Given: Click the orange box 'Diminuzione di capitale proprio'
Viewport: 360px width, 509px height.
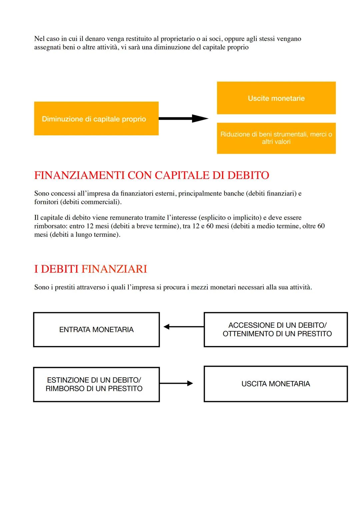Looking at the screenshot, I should (x=96, y=119).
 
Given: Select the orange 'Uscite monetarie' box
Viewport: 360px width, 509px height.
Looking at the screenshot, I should (x=276, y=98).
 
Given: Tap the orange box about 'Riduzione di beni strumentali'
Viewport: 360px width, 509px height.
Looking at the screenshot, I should (x=276, y=138).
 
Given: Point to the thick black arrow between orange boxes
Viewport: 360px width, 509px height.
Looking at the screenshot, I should (x=183, y=118).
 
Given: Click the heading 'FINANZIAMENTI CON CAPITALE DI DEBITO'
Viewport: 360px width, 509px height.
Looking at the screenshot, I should (x=152, y=175).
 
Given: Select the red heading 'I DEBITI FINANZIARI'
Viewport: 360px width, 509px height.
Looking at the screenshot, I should (x=91, y=269).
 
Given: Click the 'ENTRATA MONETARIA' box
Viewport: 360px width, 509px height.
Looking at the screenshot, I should (x=96, y=330).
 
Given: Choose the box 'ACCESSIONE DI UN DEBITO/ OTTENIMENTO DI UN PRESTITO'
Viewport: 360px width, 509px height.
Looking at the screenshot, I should (x=276, y=330).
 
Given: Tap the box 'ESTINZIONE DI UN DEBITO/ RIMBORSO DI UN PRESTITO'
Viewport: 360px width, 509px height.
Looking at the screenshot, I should (x=96, y=384).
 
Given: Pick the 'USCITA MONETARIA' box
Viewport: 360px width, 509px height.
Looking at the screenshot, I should (x=276, y=384).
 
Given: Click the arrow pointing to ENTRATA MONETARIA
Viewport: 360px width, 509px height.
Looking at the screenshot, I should (x=183, y=327).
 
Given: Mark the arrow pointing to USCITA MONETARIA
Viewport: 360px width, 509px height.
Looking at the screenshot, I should (x=176, y=383).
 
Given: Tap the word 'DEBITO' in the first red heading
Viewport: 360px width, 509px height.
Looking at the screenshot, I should (x=248, y=175).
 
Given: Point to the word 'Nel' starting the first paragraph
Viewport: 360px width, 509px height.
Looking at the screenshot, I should (x=39, y=39).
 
